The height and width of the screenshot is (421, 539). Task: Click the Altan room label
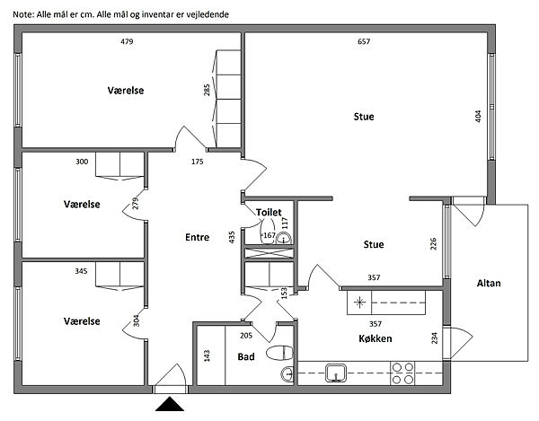click(490, 284)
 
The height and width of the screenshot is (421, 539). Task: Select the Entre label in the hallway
click(197, 238)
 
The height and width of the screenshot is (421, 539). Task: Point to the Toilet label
click(269, 212)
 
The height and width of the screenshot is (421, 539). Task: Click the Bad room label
click(245, 356)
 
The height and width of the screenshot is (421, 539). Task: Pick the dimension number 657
click(364, 42)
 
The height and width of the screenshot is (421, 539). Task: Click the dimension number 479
click(127, 42)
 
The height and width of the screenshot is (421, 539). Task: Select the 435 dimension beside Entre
click(232, 237)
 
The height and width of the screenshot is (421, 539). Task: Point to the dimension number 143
click(207, 355)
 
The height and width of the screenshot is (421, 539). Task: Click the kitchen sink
click(337, 372)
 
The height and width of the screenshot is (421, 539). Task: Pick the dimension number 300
click(82, 162)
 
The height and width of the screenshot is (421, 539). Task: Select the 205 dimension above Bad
click(247, 336)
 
